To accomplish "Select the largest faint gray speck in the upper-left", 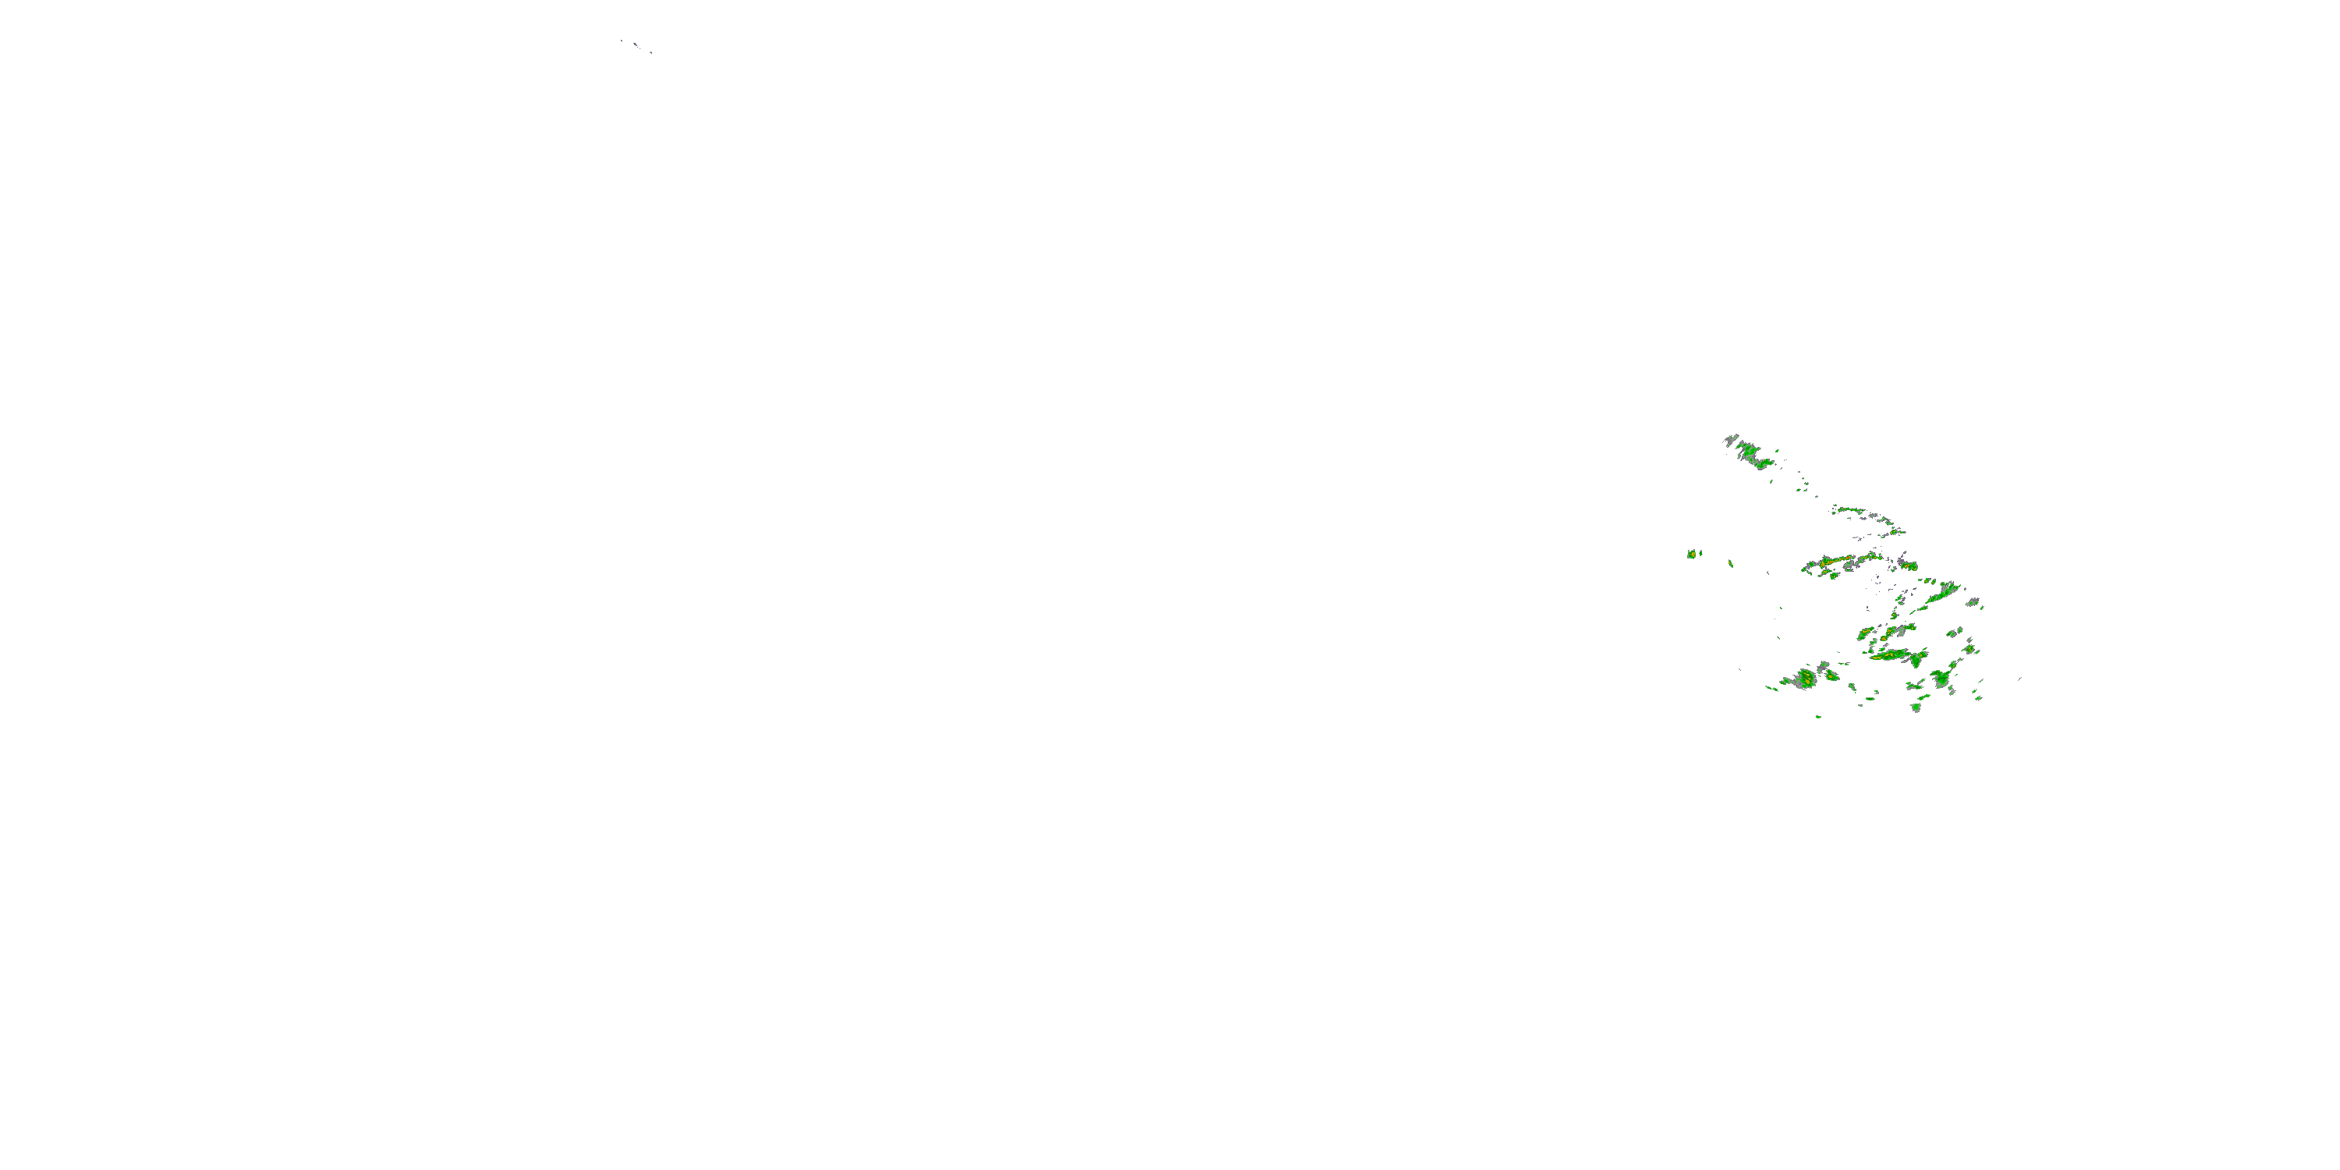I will click(636, 44).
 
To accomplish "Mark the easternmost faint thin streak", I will click(2019, 679).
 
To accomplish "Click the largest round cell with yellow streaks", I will click(1806, 679).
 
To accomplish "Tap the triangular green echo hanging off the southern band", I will click(1916, 662).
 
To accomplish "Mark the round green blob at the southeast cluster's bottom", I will click(1916, 706).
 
